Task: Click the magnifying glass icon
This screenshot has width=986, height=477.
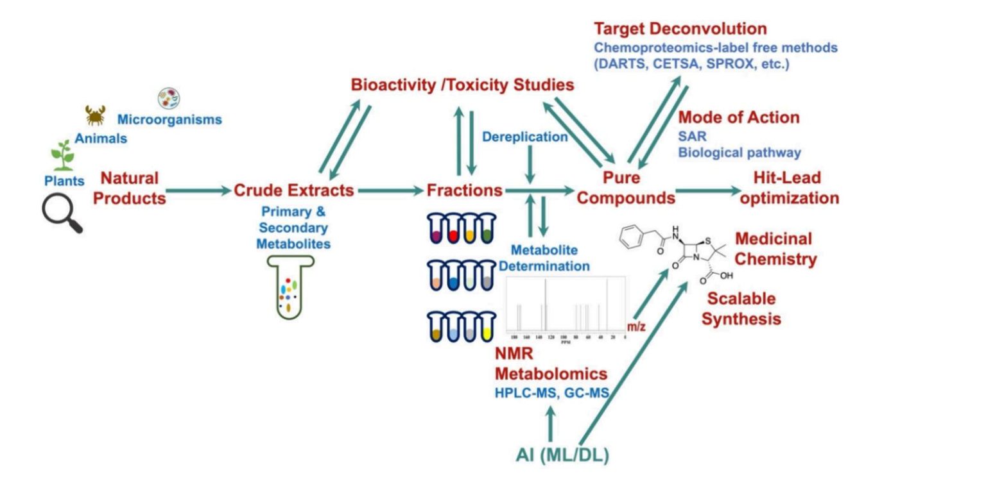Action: coord(62,213)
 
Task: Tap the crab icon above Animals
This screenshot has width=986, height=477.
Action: coord(96,115)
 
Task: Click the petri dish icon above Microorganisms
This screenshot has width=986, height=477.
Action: coord(169,98)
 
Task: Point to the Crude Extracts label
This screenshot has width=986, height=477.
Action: coord(293,190)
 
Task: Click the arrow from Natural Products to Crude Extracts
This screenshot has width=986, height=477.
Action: coord(198,190)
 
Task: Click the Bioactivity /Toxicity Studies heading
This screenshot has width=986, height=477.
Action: coord(462,85)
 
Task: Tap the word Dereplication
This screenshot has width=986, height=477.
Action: coord(524,137)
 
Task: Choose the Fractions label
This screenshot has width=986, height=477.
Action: coord(465,190)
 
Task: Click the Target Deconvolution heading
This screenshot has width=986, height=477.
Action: coord(680,29)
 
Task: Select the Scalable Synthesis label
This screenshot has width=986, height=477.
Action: coord(741,308)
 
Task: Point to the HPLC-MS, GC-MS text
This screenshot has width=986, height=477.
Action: coord(551,393)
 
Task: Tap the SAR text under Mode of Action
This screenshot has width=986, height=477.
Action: coord(692,137)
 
